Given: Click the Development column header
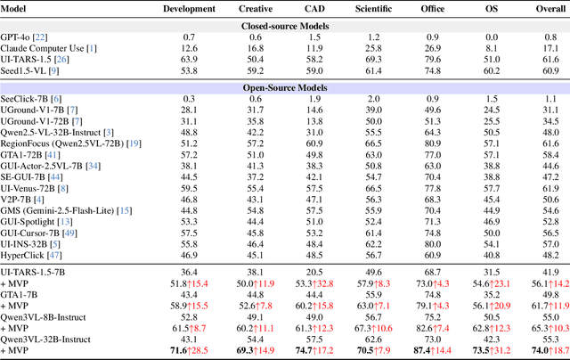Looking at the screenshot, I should point(190,8).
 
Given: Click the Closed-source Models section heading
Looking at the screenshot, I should point(284,26).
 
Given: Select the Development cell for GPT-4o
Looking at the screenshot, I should point(190,38).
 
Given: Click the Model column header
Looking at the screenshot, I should point(20,8).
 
